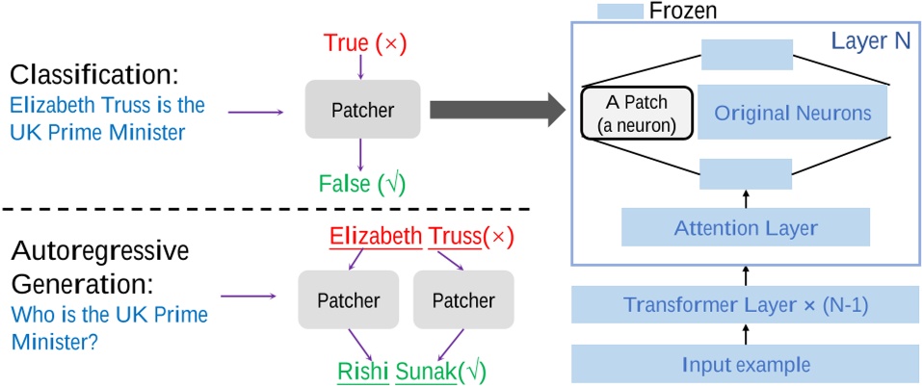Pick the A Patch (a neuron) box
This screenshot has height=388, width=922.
(x=636, y=114)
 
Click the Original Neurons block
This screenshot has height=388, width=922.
(x=792, y=114)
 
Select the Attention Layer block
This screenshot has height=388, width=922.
(x=746, y=228)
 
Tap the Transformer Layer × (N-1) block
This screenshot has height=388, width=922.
(x=746, y=304)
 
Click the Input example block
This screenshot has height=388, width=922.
(x=746, y=364)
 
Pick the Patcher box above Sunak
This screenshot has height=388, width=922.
(x=455, y=299)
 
